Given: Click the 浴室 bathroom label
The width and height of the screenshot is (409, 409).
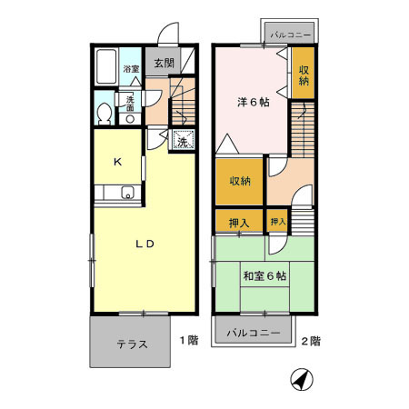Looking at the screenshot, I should point(132,68).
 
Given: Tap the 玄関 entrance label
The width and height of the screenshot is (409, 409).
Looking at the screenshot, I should point(164,64).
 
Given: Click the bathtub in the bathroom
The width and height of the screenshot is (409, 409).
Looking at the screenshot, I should point(106,66).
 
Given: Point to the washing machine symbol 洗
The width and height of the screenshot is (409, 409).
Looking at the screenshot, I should point(182,141).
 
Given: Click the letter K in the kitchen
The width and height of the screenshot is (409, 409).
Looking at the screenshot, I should point(117,162).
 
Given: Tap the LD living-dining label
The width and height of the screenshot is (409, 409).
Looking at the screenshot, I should point(145,244).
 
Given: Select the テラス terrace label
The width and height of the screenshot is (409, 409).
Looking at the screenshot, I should point(133,344).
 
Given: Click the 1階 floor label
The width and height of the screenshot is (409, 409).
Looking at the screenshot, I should point(188,341).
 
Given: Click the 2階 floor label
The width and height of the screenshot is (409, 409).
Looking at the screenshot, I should point(310,341).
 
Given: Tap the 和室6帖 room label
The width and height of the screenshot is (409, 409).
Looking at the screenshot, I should point(264,274).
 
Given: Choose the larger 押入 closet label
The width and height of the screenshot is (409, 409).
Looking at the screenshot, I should point(238,221).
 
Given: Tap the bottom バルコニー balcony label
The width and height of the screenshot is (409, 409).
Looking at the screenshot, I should point(253,334).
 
